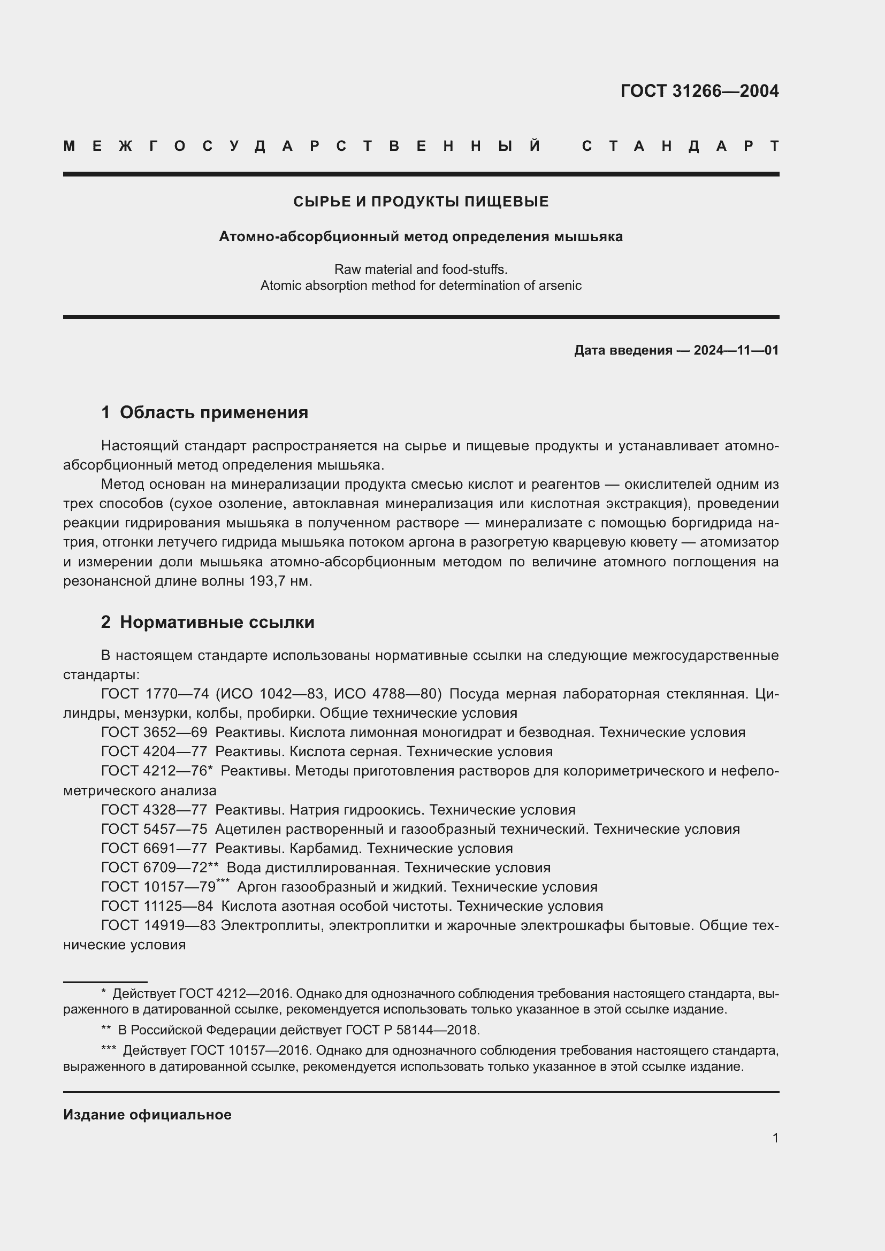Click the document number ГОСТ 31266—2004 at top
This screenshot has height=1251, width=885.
point(699,91)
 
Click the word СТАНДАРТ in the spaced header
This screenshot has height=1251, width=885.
point(680,147)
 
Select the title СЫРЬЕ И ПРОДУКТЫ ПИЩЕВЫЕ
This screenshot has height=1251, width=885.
point(421,202)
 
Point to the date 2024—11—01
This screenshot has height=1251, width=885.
point(736,350)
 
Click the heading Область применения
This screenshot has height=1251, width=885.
point(213,412)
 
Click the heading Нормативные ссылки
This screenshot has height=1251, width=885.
point(217,622)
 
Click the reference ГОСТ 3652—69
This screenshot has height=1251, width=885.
point(154,732)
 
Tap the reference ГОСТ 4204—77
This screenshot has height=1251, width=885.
point(154,751)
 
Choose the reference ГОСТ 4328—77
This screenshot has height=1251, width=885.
point(154,810)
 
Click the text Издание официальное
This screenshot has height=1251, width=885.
point(147,1115)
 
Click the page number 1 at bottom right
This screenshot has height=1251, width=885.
point(775,1138)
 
